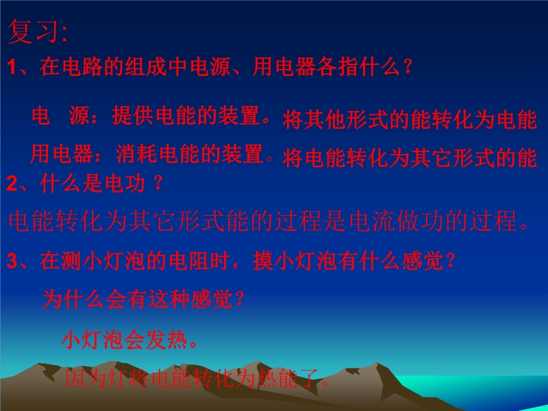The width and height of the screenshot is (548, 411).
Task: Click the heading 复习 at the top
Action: click(32, 32)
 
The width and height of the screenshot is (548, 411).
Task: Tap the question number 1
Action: click(12, 66)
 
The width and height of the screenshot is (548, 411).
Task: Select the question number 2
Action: click(12, 184)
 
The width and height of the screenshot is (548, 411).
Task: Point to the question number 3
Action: click(12, 261)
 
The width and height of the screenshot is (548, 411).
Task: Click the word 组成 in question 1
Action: click(147, 66)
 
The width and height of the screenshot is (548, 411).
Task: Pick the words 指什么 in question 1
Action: click(369, 66)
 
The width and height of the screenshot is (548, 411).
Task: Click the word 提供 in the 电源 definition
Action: click(133, 115)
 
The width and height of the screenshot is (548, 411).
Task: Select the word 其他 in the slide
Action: click(325, 120)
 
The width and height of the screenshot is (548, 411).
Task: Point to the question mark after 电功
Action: click(158, 183)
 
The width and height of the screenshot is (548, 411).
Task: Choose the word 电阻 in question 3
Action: click(189, 261)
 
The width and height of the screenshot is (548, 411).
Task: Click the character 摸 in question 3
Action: click(263, 261)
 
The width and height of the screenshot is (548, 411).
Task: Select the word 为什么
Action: click(73, 299)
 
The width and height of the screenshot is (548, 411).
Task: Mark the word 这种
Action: click(169, 299)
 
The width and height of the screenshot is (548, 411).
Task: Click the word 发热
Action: click(166, 340)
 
